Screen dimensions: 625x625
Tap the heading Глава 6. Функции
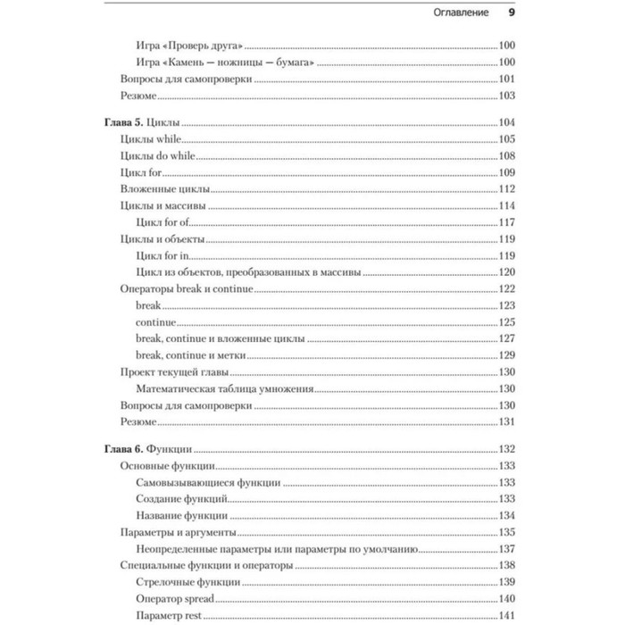pyautogui.click(x=150, y=449)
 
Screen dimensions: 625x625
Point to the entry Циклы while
pyautogui.click(x=150, y=138)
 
